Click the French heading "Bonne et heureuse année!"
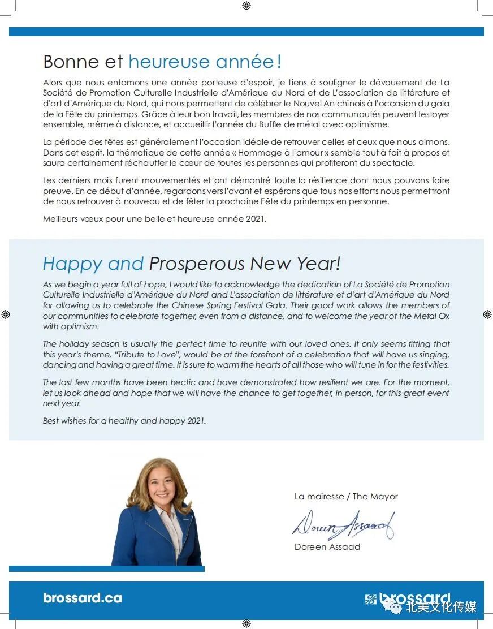click(162, 61)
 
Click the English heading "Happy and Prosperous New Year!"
click(192, 263)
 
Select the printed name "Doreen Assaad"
click(327, 547)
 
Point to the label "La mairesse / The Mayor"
click(346, 497)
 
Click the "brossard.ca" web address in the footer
click(83, 598)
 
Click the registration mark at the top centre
click(246, 6)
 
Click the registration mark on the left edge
click(6, 314)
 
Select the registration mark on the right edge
click(487, 314)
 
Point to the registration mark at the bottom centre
click(246, 623)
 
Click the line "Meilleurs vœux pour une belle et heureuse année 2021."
click(154, 219)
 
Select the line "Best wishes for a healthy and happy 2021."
click(124, 421)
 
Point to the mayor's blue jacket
click(139, 537)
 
